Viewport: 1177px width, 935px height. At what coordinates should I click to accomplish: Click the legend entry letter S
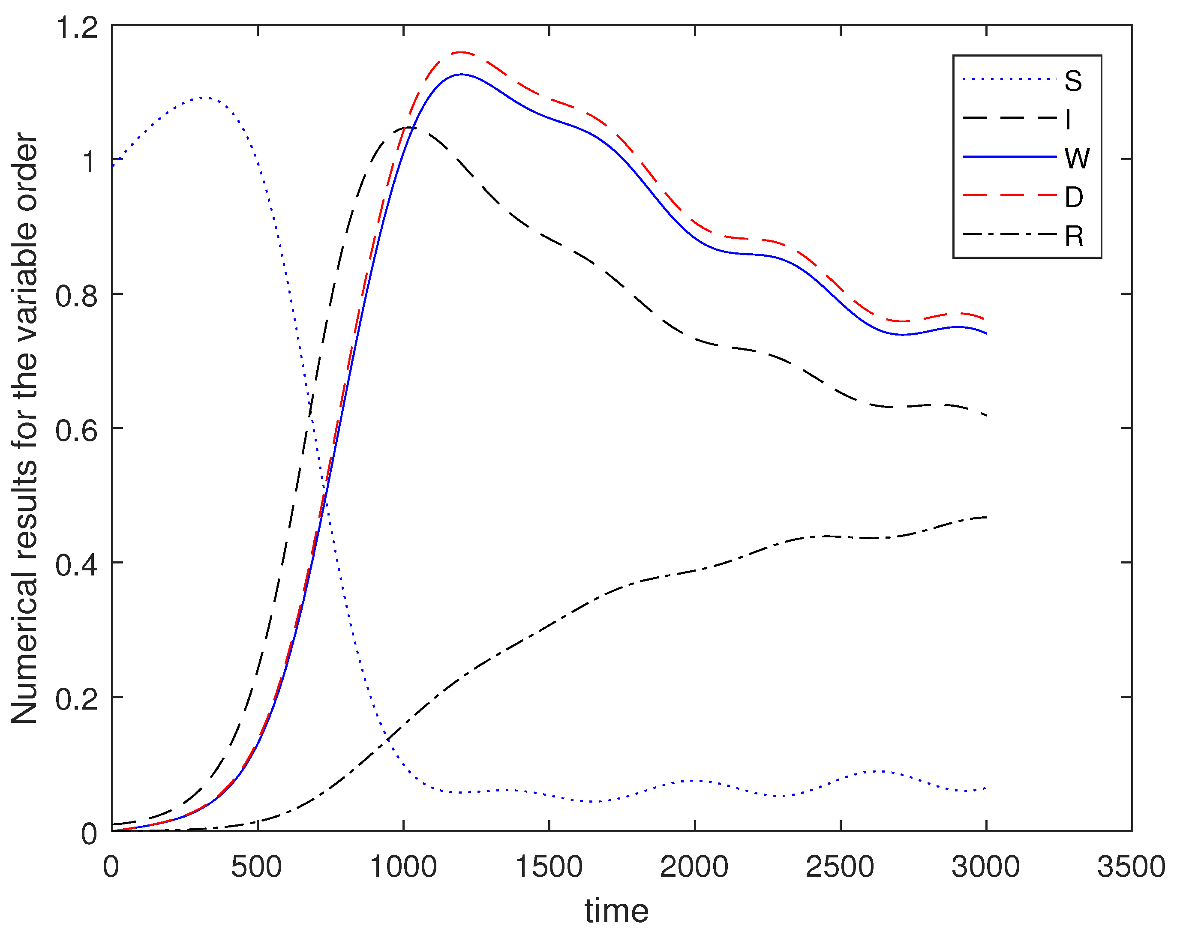(1073, 81)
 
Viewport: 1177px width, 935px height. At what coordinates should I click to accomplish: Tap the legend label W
(1077, 158)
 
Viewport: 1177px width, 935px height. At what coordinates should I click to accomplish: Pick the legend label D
(1073, 197)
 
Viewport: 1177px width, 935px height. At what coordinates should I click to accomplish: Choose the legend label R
(1074, 237)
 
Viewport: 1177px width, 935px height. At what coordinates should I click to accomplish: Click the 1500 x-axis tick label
(549, 866)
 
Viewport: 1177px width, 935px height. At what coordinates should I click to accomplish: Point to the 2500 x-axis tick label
(840, 866)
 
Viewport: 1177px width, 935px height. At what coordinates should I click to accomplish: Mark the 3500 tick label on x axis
(1131, 866)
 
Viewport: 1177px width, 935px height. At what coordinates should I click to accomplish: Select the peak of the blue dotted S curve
(202, 98)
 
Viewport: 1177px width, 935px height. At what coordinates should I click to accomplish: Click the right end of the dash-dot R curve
(986, 517)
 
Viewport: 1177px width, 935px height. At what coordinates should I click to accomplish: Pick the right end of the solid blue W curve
(986, 333)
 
